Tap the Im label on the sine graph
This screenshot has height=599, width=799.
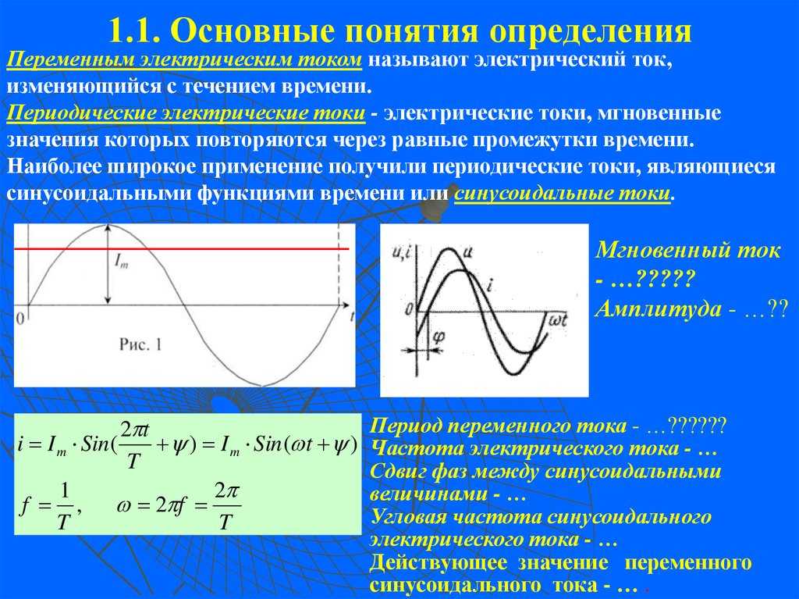pyautogui.click(x=121, y=262)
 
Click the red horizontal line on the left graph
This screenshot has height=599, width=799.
pyautogui.click(x=181, y=249)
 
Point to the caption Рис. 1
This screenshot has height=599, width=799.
pyautogui.click(x=140, y=344)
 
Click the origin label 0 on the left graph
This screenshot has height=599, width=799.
pyautogui.click(x=20, y=319)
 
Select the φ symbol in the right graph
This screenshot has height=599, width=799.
pyautogui.click(x=439, y=337)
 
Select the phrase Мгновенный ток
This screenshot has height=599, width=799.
pyautogui.click(x=687, y=250)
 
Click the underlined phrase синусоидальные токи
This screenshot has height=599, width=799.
pyautogui.click(x=562, y=194)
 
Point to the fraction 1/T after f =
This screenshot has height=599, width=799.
pyautogui.click(x=63, y=507)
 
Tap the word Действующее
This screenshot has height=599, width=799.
pyautogui.click(x=439, y=563)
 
